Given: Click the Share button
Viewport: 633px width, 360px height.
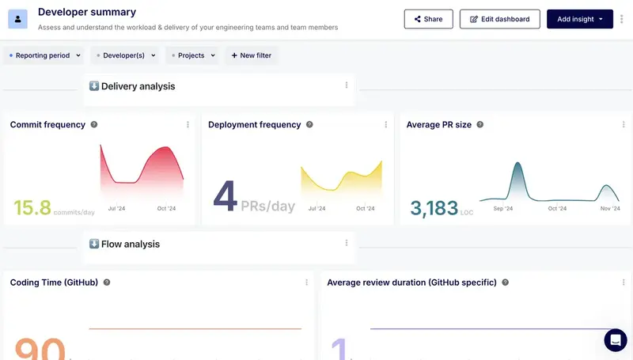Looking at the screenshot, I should click(x=428, y=19).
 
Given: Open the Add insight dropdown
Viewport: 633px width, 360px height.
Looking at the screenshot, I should click(x=579, y=19).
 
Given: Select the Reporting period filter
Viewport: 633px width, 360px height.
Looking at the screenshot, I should click(x=44, y=55).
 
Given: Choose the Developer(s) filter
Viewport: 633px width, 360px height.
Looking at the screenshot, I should click(x=124, y=55).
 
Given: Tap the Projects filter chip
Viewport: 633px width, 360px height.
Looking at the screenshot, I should click(x=191, y=55).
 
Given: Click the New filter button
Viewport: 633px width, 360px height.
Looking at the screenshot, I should click(x=252, y=55).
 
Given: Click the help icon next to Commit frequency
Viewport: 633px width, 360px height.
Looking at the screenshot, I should click(x=94, y=125).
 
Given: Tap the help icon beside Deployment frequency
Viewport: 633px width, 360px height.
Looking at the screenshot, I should click(x=309, y=125).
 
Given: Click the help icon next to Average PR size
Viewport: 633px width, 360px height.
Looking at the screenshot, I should click(x=480, y=125).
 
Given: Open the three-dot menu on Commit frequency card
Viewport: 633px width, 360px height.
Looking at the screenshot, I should click(x=188, y=125).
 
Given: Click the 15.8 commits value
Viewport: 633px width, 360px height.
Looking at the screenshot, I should click(x=32, y=208).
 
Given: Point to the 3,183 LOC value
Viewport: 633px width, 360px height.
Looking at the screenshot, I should click(x=434, y=208).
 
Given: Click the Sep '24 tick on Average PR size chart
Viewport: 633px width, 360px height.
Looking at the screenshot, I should click(x=503, y=209).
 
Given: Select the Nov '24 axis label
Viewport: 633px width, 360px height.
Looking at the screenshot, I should click(x=609, y=209).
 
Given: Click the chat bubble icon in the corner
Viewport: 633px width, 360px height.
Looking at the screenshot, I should click(x=615, y=340).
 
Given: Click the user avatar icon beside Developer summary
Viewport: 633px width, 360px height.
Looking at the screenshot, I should click(x=18, y=18).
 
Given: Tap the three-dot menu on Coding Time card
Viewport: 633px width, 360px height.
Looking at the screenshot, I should click(x=306, y=282).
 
